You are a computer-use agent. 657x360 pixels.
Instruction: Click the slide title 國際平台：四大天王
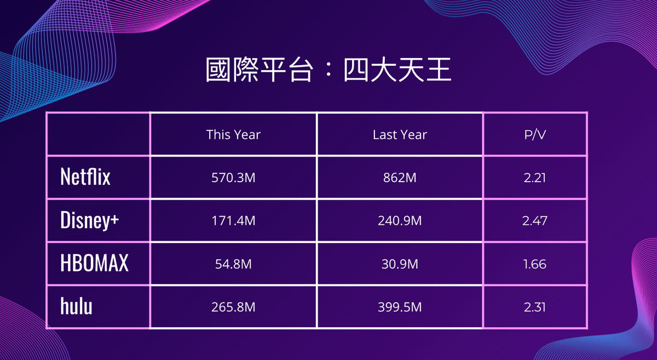[x=328, y=70]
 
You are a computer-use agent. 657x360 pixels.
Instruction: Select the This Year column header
[x=233, y=135]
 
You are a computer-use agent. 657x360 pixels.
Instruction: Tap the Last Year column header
[x=400, y=135]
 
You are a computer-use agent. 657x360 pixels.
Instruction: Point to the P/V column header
[x=535, y=135]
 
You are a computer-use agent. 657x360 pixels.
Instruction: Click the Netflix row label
[x=85, y=177]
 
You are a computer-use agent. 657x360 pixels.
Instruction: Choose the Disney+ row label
[x=89, y=220]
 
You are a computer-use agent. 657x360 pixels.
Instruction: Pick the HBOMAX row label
[x=94, y=263]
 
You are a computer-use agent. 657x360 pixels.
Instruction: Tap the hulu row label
[x=76, y=306]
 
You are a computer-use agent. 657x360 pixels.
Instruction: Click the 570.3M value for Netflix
[x=233, y=178]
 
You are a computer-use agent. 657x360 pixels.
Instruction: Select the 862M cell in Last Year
[x=400, y=178]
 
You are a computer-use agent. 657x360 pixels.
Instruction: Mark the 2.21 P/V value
[x=535, y=178]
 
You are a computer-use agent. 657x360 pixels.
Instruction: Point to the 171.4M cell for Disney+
[x=233, y=220]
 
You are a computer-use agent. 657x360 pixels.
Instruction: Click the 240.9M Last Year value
[x=400, y=220]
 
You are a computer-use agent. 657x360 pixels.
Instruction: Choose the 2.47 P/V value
[x=535, y=220]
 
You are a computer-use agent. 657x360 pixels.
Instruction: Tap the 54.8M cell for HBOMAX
[x=233, y=264]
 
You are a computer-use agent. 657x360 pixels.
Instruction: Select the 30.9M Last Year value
[x=400, y=264]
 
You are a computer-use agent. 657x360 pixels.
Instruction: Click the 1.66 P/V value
[x=535, y=264]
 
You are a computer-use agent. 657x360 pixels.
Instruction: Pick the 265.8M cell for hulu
[x=233, y=307]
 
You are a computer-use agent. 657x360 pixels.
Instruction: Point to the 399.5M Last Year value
[x=400, y=307]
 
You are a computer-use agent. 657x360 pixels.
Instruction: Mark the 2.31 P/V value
[x=535, y=307]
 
